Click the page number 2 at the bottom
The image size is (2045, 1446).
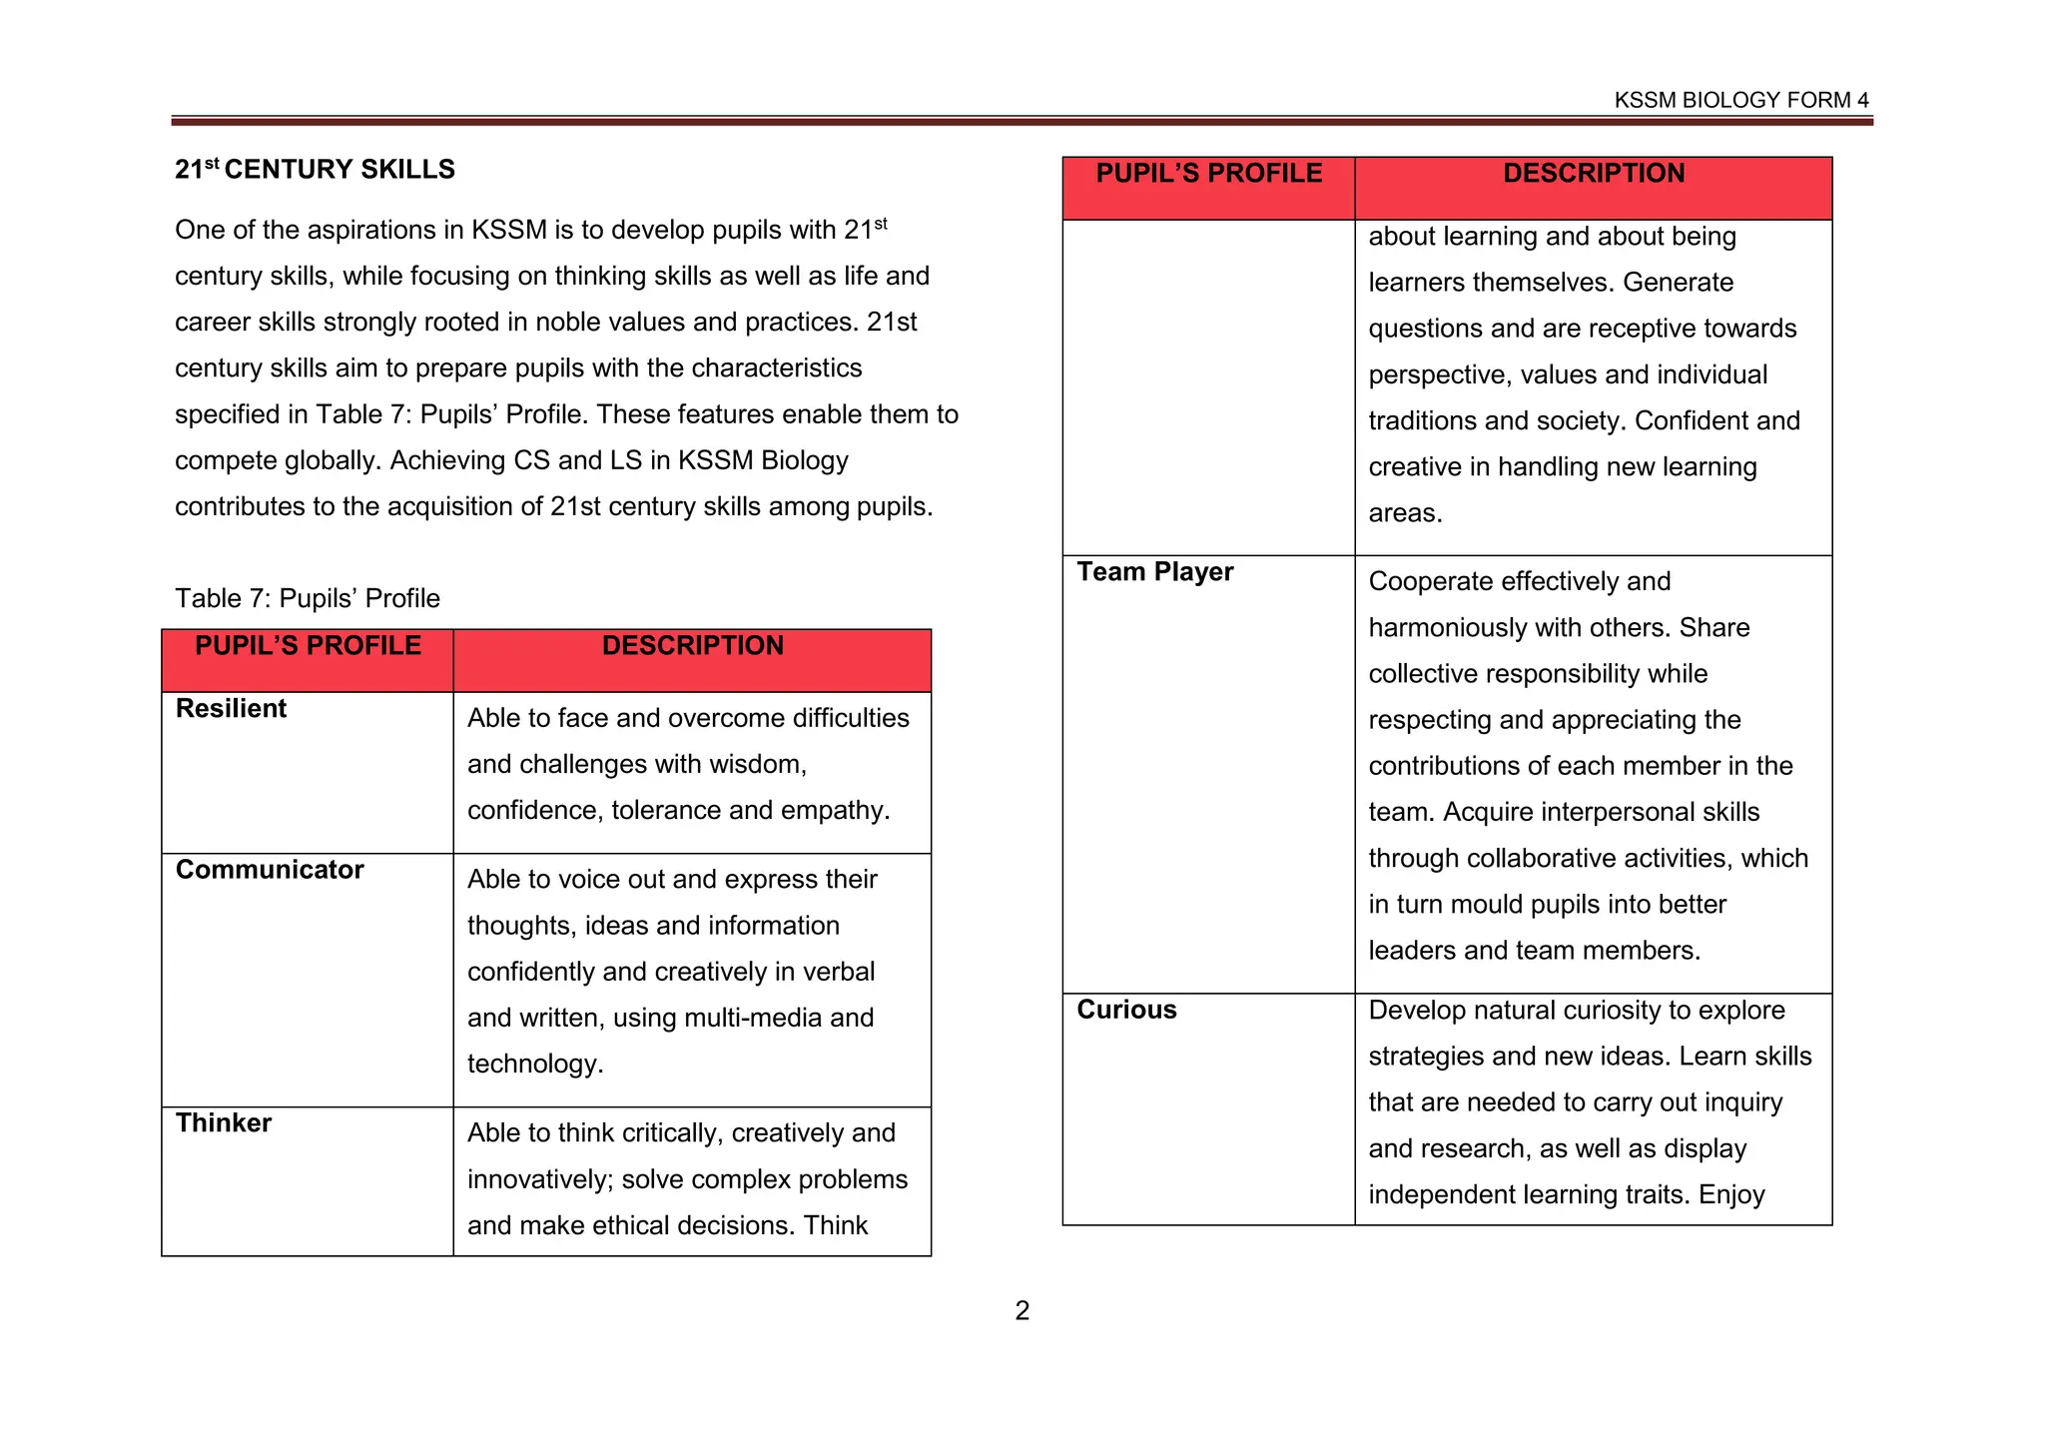(1022, 1310)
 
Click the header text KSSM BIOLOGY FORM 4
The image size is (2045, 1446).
(1740, 100)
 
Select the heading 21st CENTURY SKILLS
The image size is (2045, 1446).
(315, 170)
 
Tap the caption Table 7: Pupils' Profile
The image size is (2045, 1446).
(308, 598)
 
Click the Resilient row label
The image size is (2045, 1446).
(231, 709)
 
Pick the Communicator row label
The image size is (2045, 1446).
(270, 870)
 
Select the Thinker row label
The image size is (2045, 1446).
(224, 1123)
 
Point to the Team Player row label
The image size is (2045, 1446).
(1154, 572)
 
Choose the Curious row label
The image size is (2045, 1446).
(1126, 1010)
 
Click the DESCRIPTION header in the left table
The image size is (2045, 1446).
(692, 646)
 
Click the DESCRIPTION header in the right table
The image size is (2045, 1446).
(1593, 174)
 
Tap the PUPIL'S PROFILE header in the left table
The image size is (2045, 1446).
(308, 646)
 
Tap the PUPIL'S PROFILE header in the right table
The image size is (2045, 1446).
(1208, 174)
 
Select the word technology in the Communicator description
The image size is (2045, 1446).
(534, 1064)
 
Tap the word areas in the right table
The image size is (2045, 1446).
(1404, 513)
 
